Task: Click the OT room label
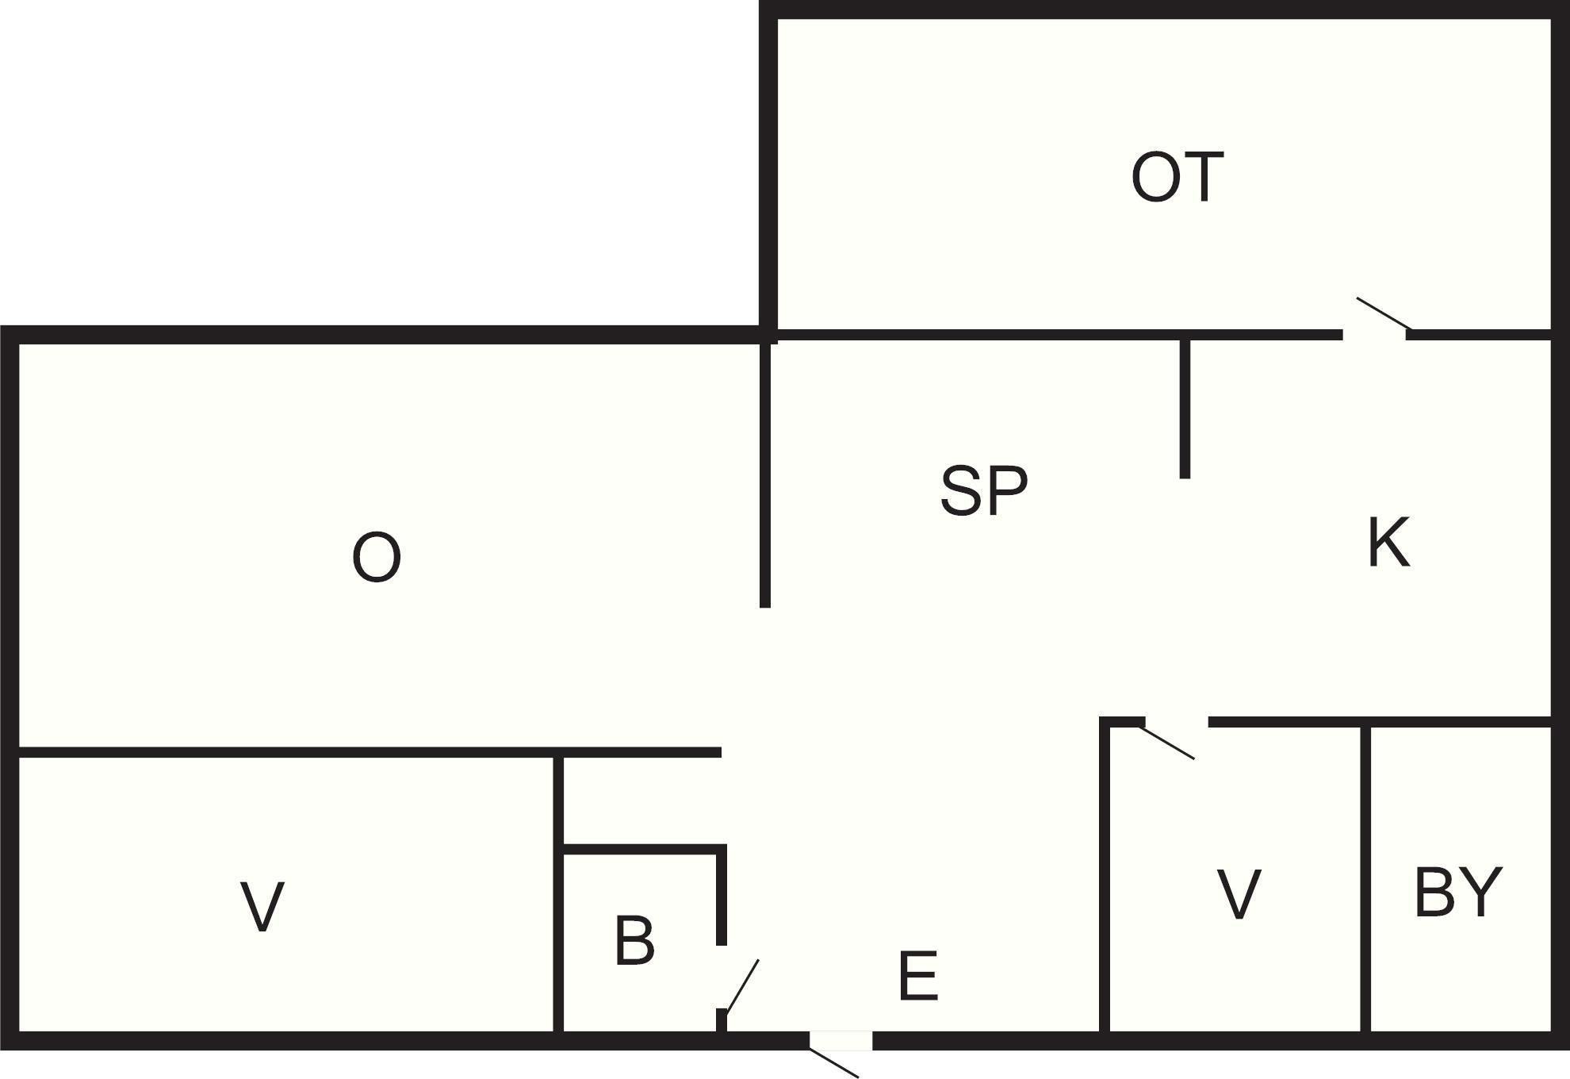pyautogui.click(x=1177, y=178)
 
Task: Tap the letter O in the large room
pyautogui.click(x=376, y=558)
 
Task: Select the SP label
pyautogui.click(x=984, y=490)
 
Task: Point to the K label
pyautogui.click(x=1389, y=542)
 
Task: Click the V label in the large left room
pyautogui.click(x=262, y=907)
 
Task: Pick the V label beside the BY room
pyautogui.click(x=1239, y=894)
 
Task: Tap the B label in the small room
pyautogui.click(x=634, y=941)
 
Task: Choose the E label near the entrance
pyautogui.click(x=918, y=976)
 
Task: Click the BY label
pyautogui.click(x=1458, y=892)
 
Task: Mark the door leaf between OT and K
pyautogui.click(x=1384, y=313)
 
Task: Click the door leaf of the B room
pyautogui.click(x=743, y=986)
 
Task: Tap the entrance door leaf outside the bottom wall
pyautogui.click(x=833, y=1063)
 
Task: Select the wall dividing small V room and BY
pyautogui.click(x=1365, y=879)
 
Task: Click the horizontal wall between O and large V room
pyautogui.click(x=370, y=752)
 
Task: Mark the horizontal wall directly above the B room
pyautogui.click(x=644, y=850)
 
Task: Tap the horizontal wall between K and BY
pyautogui.click(x=1380, y=721)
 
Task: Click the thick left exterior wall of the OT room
pyautogui.click(x=768, y=171)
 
